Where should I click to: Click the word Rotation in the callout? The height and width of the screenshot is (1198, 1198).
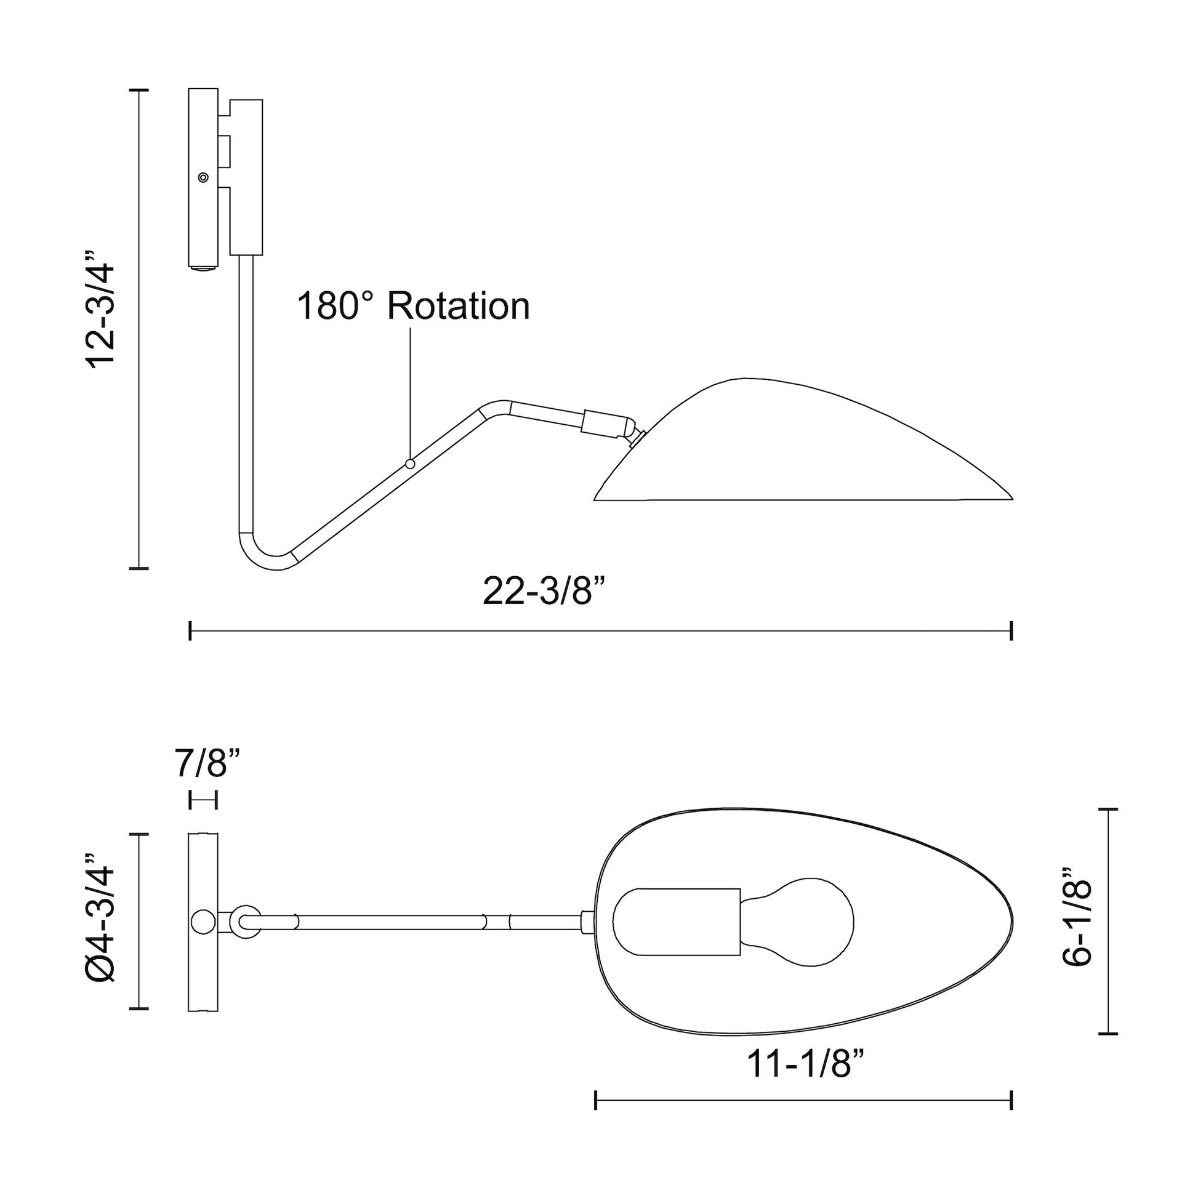tap(459, 306)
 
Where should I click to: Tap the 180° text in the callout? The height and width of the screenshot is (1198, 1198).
tap(336, 306)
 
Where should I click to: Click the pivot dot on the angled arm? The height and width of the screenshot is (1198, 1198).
tap(409, 463)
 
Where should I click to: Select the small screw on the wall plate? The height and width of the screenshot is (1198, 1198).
tap(203, 177)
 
